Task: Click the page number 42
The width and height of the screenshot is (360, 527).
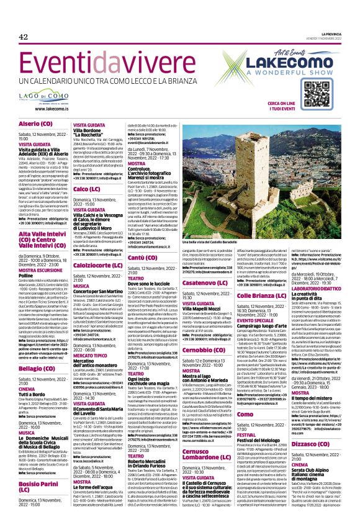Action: point(24,37)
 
